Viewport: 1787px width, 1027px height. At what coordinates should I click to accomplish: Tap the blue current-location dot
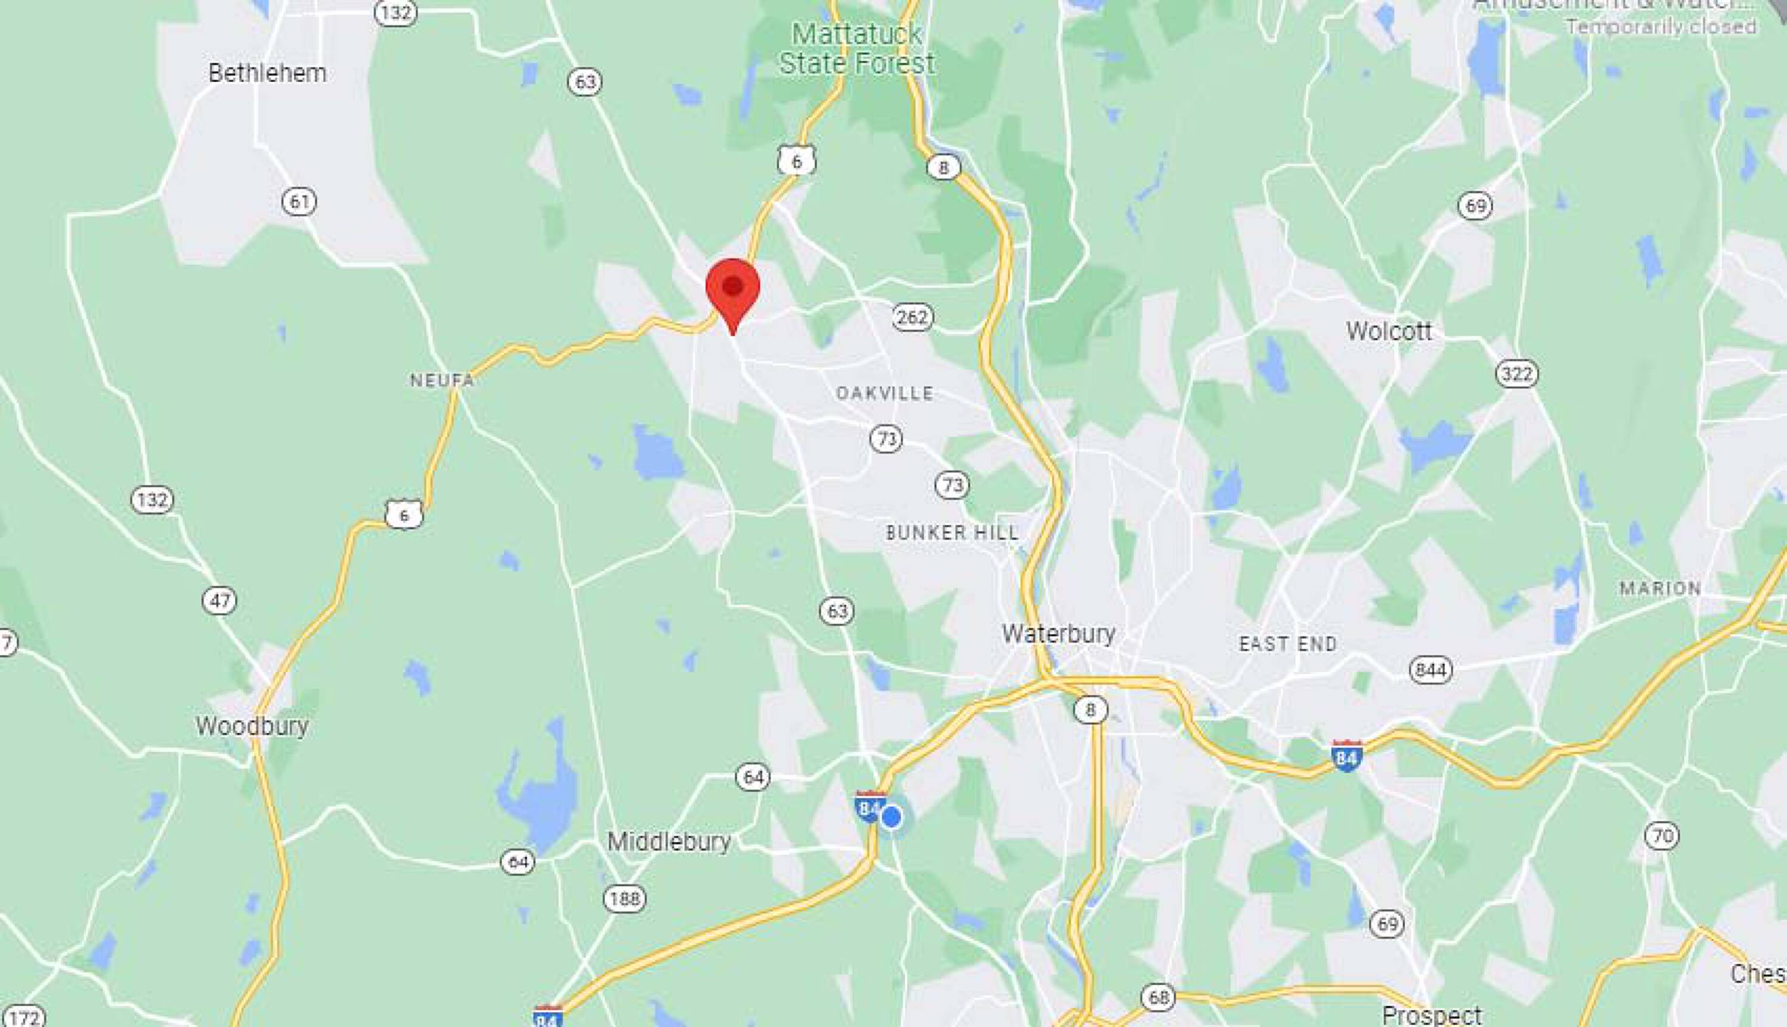[891, 817]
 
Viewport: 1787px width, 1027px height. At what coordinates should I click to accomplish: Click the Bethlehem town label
[267, 73]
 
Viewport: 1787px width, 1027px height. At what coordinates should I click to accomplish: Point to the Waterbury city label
[1058, 633]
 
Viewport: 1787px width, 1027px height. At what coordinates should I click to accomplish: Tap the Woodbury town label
[252, 726]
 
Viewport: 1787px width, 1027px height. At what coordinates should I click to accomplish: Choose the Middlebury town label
[668, 841]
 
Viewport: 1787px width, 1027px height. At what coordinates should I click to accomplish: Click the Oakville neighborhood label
[885, 393]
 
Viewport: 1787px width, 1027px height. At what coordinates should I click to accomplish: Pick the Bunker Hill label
[952, 532]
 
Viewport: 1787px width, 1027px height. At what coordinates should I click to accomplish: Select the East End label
[1288, 643]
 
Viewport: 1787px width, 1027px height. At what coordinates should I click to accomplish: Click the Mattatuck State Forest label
[857, 49]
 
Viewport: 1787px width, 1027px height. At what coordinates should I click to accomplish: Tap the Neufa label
[442, 380]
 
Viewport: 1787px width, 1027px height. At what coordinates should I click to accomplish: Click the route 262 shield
[912, 317]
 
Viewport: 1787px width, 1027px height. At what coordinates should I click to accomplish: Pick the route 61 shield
[299, 202]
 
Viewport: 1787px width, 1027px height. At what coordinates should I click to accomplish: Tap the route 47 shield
[219, 600]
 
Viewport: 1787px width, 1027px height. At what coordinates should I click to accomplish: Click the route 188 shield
[624, 898]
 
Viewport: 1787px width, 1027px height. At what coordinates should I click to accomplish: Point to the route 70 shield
[1662, 836]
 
